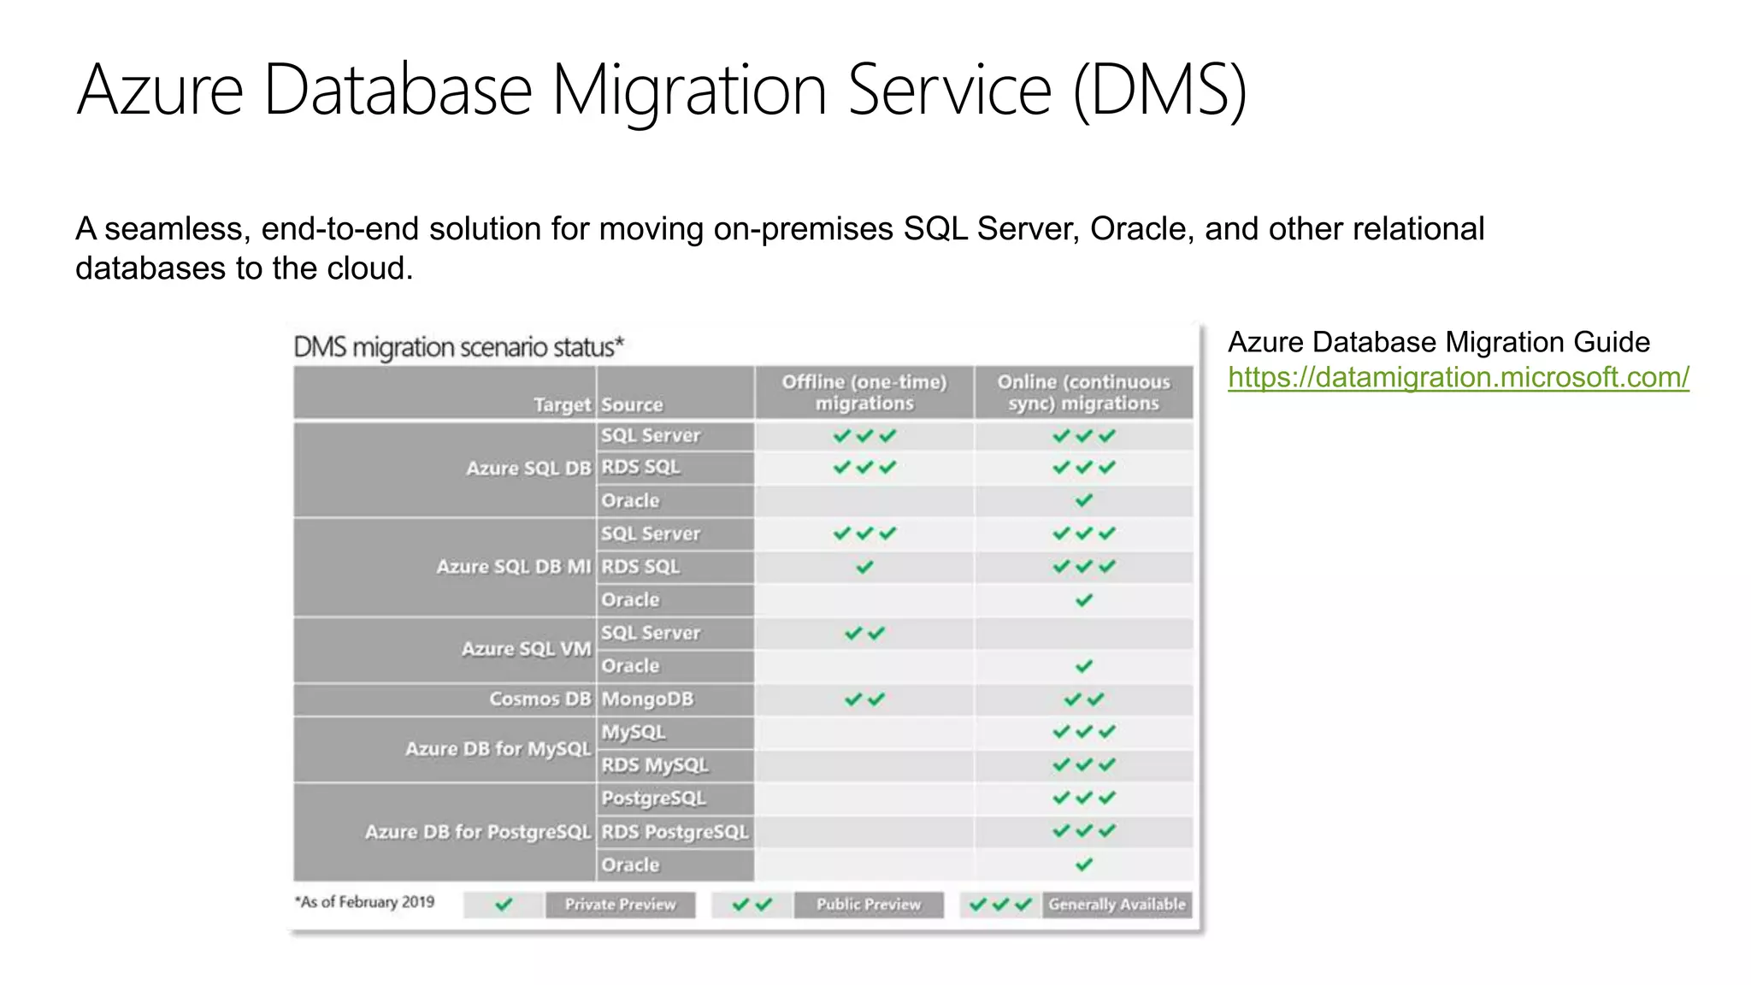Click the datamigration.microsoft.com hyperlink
tap(1458, 377)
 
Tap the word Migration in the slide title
tap(689, 90)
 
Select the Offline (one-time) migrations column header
tap(864, 392)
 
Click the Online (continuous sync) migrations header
tap(1083, 392)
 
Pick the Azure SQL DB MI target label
tap(513, 567)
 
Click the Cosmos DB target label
tap(539, 699)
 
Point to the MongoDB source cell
tap(647, 699)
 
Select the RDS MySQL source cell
tap(654, 765)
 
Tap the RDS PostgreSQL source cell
tap(675, 832)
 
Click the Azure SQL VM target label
tap(526, 649)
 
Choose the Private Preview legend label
tap(620, 905)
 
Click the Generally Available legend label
tap(1117, 905)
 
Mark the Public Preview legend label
tap(868, 905)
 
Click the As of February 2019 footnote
tap(365, 902)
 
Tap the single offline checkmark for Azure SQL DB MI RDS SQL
tap(864, 567)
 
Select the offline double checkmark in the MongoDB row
tap(864, 699)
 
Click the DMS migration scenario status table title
tap(458, 348)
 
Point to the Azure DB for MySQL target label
tap(498, 749)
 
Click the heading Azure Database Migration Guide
tap(1438, 342)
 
